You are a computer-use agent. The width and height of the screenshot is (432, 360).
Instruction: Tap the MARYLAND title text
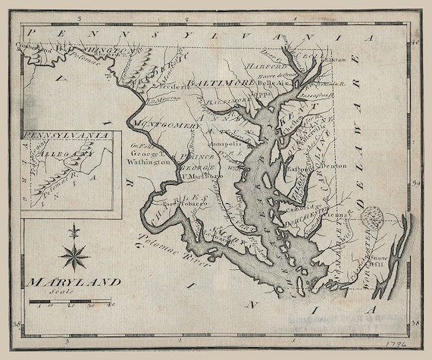(74, 283)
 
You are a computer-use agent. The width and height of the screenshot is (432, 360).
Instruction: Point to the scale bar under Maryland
(71, 302)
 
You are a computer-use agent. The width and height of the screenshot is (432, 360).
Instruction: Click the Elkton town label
(334, 59)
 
